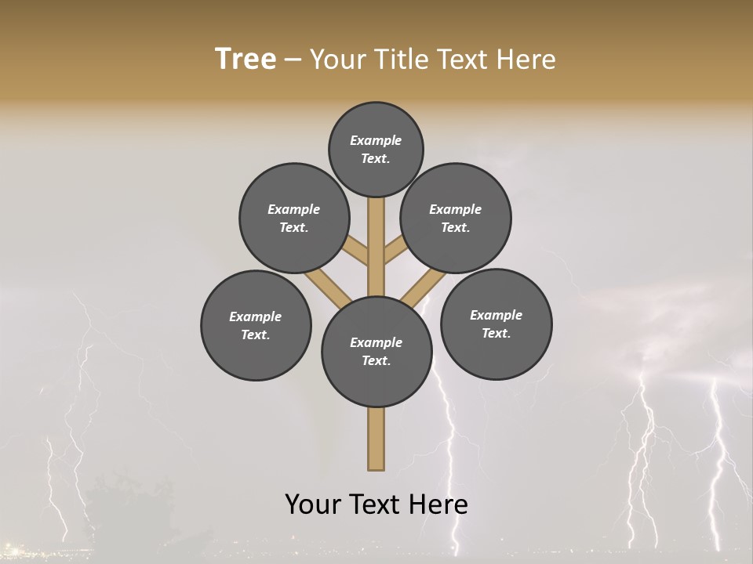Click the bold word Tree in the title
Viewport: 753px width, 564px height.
246,60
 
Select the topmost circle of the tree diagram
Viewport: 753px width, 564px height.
376,149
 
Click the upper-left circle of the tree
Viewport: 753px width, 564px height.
294,218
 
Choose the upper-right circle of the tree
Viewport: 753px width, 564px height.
456,218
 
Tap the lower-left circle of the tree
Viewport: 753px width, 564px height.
256,325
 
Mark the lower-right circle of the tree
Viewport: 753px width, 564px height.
496,324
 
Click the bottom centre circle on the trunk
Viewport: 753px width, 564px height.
376,352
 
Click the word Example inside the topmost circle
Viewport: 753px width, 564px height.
376,140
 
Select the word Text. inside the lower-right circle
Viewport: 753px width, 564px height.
496,333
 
